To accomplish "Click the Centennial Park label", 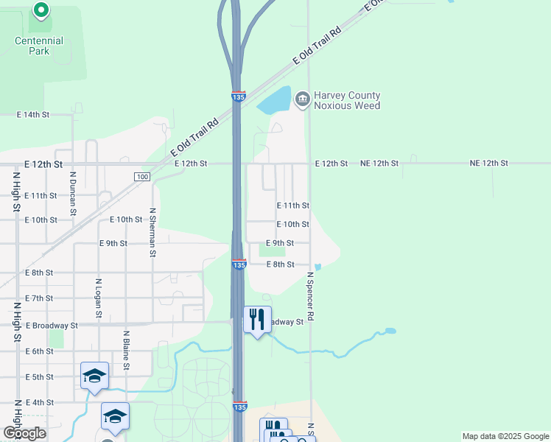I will [39, 46].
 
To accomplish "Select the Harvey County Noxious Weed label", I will [347, 100].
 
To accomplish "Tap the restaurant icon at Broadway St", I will [257, 320].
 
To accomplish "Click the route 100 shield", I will [142, 177].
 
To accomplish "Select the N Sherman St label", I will [152, 231].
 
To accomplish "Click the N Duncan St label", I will [73, 194].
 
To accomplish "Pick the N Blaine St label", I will [126, 351].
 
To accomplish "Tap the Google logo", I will [24, 433].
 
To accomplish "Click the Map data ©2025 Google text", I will [505, 436].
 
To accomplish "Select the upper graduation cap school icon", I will [94, 376].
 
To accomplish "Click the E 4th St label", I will [39, 402].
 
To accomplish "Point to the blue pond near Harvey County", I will [273, 101].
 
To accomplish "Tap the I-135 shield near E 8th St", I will [239, 264].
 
